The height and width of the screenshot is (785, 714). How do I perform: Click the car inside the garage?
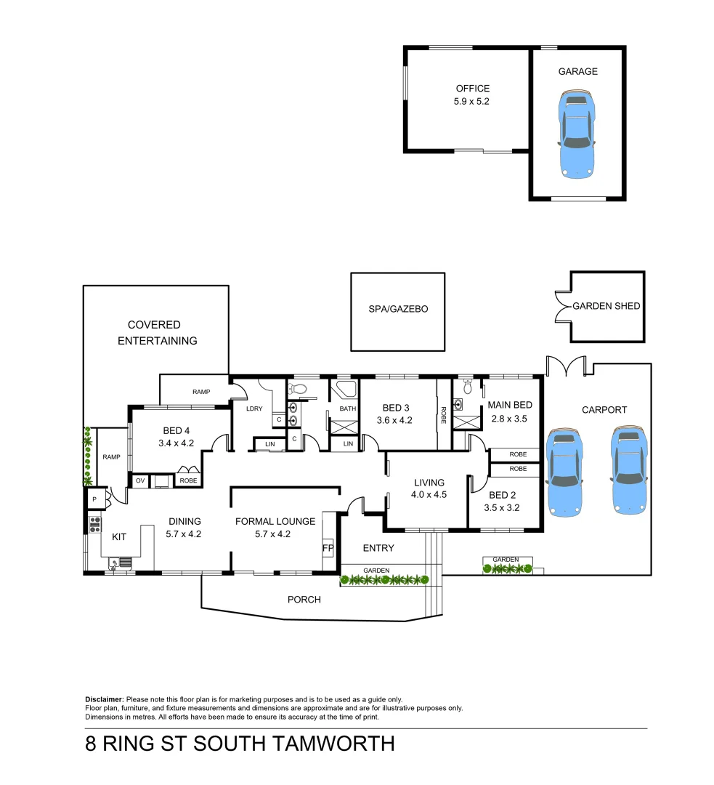(577, 134)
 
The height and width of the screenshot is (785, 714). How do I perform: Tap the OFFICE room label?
(472, 89)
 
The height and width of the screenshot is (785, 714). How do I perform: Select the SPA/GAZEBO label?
(398, 309)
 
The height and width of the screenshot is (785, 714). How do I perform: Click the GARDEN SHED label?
(607, 306)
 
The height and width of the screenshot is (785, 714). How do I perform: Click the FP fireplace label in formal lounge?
(328, 547)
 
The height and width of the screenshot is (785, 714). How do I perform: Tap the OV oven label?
(139, 480)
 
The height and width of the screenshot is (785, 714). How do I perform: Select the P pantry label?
(94, 499)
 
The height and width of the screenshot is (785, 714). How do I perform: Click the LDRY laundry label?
(254, 408)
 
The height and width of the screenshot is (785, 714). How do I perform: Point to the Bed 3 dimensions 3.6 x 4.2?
(394, 420)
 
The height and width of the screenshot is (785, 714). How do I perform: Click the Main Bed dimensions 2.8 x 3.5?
(508, 419)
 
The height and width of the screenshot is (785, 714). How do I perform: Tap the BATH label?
(348, 408)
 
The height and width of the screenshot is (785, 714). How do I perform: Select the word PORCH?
(304, 600)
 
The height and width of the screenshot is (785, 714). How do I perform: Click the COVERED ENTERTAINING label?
(157, 333)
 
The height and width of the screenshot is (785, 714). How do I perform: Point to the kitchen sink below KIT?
(121, 562)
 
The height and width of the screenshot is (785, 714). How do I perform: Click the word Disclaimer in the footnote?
(105, 699)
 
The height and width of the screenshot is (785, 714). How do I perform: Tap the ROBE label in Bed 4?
(188, 480)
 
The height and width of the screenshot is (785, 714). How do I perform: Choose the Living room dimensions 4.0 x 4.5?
(429, 496)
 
